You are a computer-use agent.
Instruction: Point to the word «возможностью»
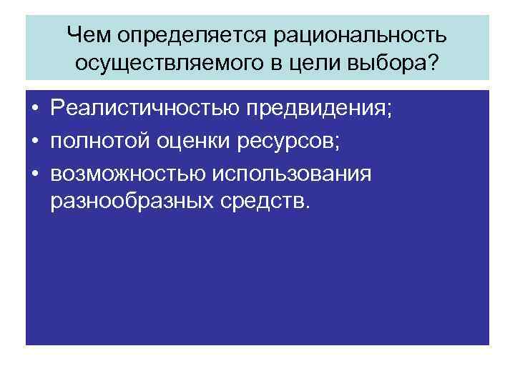coord(126,173)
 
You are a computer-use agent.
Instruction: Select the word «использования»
coord(290,173)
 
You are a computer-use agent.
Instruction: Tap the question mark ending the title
coord(436,63)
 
